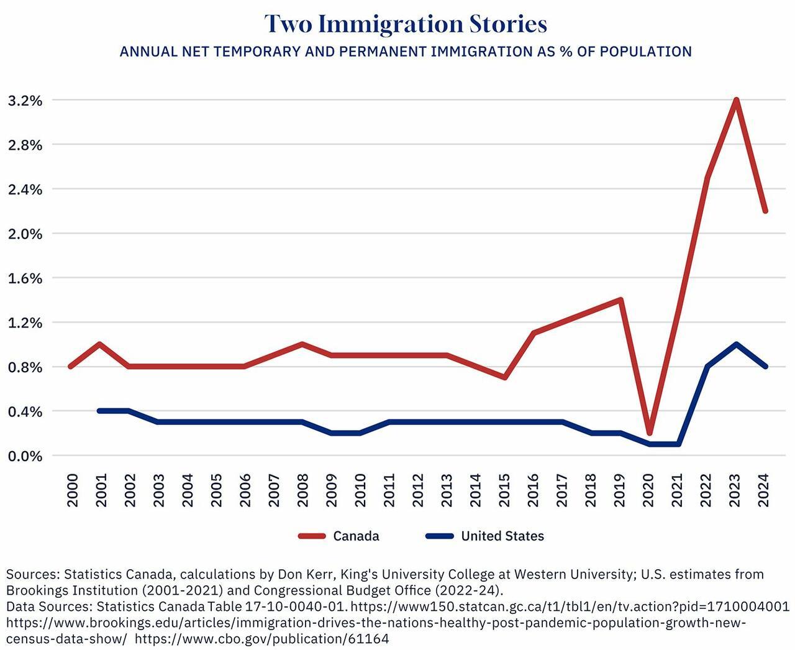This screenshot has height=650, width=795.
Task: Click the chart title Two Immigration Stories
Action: point(406,24)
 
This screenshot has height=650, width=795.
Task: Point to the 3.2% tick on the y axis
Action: point(25,101)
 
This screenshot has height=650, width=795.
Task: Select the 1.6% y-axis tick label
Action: point(25,278)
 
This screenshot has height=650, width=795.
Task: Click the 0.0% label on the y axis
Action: point(25,456)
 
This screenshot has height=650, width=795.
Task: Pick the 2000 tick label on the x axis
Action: point(73,490)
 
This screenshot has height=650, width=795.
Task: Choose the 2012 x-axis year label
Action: point(418,490)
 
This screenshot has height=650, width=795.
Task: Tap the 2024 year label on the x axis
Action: point(763,490)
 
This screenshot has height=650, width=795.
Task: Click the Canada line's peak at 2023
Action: point(736,100)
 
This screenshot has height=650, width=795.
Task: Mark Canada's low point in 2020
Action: point(650,433)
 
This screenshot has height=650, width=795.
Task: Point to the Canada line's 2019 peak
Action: point(620,300)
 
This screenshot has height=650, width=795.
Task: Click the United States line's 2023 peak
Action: point(736,344)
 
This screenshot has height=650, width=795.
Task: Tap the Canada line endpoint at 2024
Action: point(765,211)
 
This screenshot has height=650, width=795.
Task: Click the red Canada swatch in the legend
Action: point(312,536)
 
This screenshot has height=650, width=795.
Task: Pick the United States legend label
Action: point(502,536)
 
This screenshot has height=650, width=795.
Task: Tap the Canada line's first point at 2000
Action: point(71,367)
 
